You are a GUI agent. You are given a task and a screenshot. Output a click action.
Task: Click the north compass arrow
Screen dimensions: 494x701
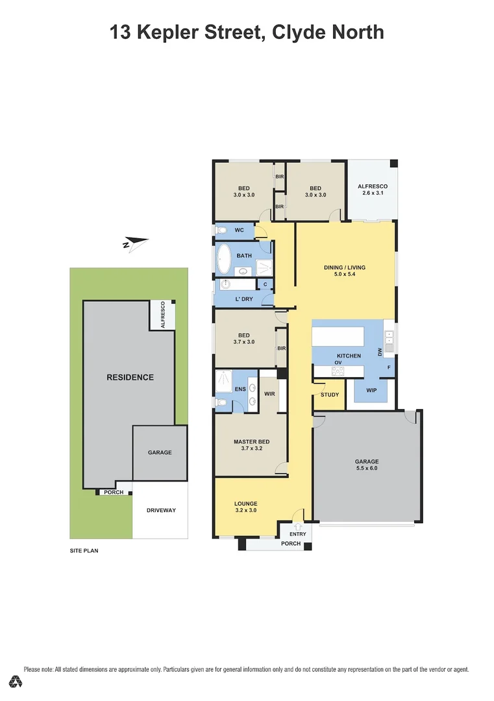click(x=136, y=243)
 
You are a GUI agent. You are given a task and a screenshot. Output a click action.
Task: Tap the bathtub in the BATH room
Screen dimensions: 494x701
click(x=223, y=259)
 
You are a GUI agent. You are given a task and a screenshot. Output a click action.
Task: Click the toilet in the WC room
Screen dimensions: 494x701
click(x=221, y=230)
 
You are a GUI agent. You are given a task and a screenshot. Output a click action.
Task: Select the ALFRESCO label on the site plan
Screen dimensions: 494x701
click(x=163, y=315)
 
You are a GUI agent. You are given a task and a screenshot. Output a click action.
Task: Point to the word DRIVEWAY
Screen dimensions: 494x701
click(x=161, y=510)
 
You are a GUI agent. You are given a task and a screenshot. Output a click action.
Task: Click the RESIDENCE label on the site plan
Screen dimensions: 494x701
click(x=130, y=377)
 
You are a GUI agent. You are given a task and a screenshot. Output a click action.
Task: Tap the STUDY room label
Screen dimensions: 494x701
click(x=330, y=395)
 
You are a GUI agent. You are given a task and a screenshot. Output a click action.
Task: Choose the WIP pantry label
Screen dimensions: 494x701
click(x=371, y=390)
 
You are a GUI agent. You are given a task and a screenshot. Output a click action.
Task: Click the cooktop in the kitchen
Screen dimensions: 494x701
click(x=338, y=371)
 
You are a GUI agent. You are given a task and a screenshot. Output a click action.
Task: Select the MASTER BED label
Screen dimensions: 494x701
click(x=252, y=442)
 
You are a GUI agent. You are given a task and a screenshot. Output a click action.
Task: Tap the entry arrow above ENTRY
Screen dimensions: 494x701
click(x=298, y=527)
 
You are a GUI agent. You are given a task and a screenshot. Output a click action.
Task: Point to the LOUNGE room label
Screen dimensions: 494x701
click(x=246, y=504)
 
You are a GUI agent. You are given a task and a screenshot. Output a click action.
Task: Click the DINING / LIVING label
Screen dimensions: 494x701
click(x=345, y=267)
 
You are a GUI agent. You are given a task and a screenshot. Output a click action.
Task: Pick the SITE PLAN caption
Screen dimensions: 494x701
click(x=84, y=551)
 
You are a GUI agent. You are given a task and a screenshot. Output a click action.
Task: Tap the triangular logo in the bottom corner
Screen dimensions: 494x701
click(x=16, y=682)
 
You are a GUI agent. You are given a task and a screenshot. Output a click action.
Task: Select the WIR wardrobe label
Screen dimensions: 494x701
click(x=269, y=394)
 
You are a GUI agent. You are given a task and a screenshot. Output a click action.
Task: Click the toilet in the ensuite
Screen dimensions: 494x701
click(x=221, y=403)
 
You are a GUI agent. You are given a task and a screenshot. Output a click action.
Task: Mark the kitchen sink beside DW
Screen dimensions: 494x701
click(x=389, y=341)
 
